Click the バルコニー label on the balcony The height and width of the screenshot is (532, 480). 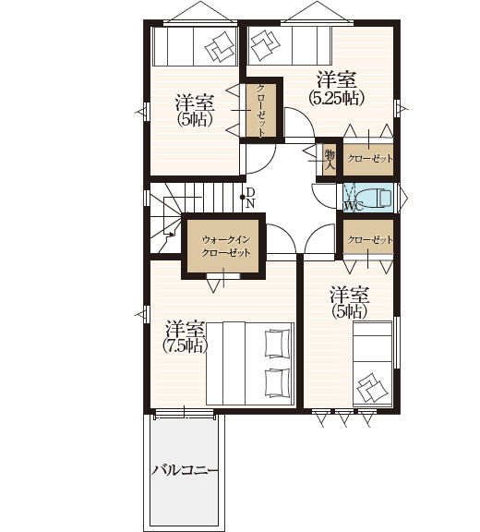pos(185,471)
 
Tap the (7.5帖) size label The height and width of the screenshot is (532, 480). pos(185,345)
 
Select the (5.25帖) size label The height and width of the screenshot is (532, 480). pos(336,98)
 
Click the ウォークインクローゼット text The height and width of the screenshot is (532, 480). pos(226,246)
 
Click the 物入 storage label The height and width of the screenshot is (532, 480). pos(330,160)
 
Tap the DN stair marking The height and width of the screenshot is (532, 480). pos(250,198)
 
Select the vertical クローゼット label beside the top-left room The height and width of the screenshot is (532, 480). pos(260,111)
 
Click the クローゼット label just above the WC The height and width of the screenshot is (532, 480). pos(369,159)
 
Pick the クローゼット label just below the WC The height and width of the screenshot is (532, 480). pos(369,240)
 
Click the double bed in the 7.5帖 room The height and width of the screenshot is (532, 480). pos(250,363)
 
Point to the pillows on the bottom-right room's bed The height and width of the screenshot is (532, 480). pos(372,388)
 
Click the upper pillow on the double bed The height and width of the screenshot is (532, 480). pos(277,343)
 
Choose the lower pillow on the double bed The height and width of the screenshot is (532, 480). pos(277,382)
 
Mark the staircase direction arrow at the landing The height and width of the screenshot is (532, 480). pos(171,234)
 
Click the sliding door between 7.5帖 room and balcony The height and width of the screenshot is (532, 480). pos(184,414)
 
